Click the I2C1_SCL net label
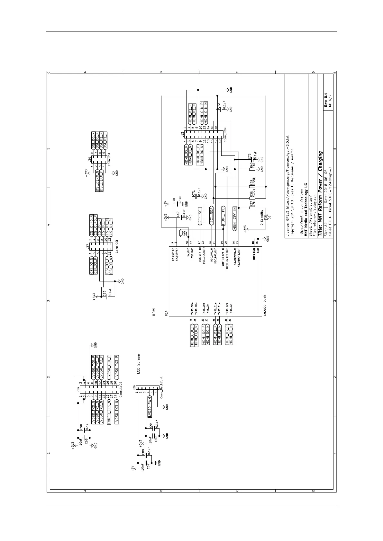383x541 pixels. click(200, 216)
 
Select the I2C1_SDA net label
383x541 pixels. click(211, 216)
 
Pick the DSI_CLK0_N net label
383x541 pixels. click(97, 180)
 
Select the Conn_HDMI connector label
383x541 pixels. click(225, 134)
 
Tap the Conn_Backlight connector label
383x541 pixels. click(161, 387)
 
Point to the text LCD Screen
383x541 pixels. click(139, 364)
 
